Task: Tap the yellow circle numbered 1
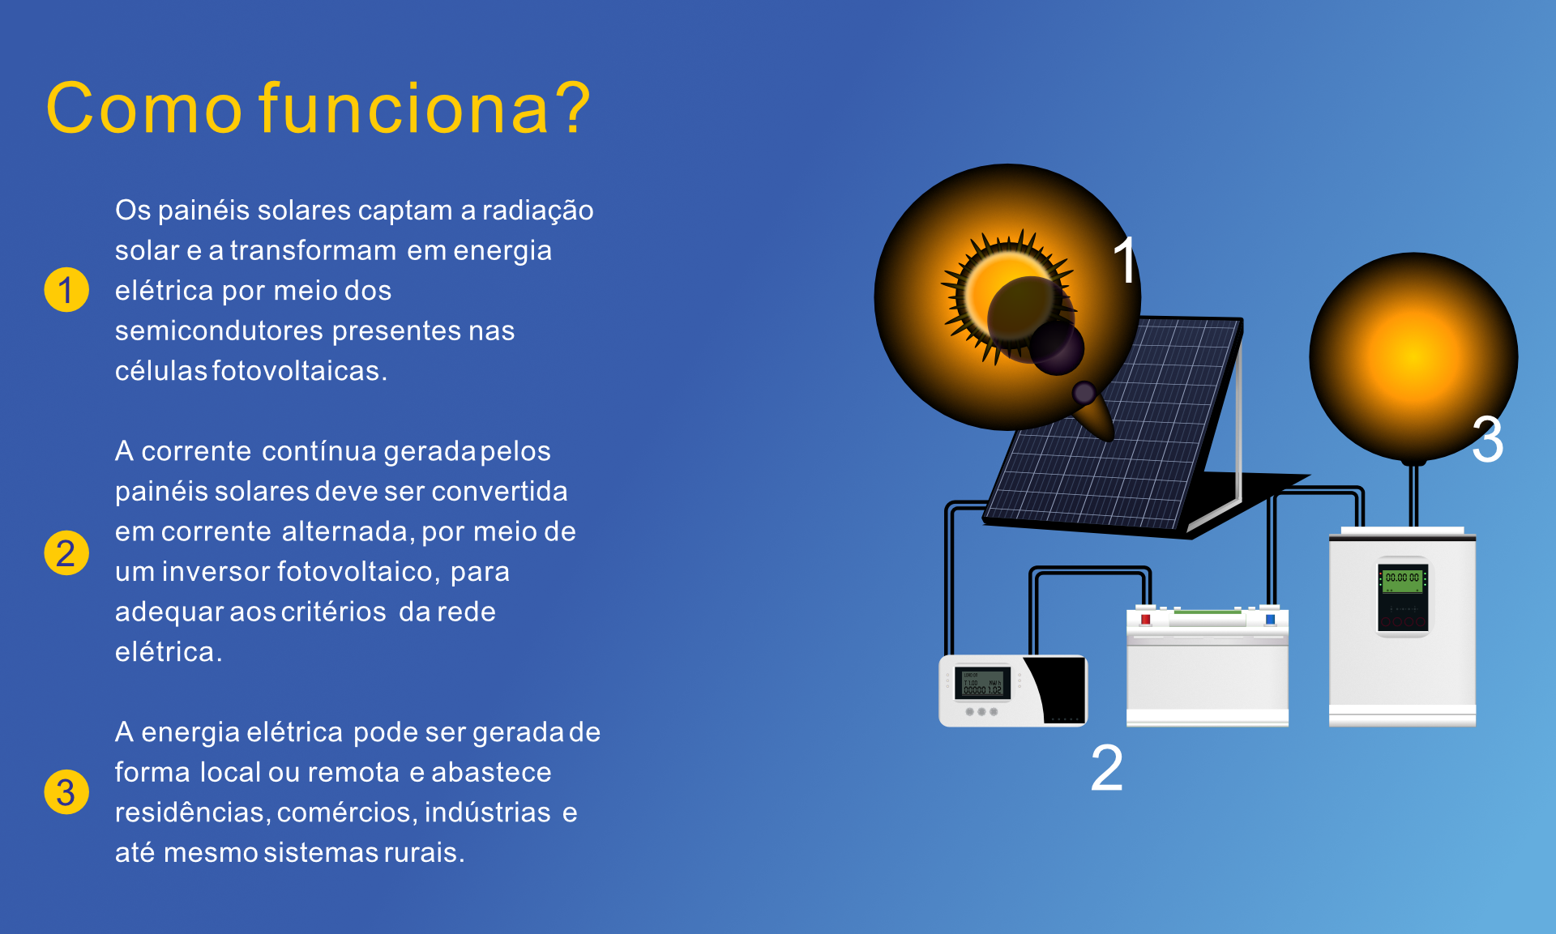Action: point(66,289)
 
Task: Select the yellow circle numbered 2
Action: point(66,552)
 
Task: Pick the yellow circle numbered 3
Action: point(66,791)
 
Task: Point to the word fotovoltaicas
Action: point(300,370)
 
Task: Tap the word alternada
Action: point(349,531)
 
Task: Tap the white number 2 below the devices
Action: point(1107,767)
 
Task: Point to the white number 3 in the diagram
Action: point(1488,439)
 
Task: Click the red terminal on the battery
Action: point(1145,620)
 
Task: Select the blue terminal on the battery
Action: point(1270,620)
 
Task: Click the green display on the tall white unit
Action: point(1402,579)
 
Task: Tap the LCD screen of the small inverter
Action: point(982,683)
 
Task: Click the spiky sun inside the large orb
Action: point(1007,296)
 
